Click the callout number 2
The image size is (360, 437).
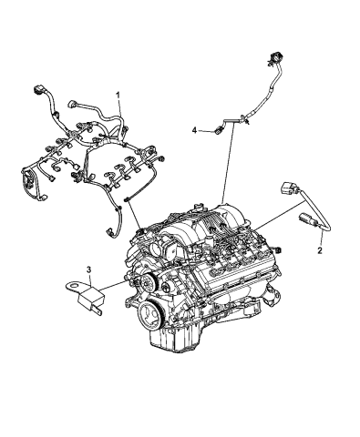[x=321, y=247]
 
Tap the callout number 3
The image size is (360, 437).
[x=88, y=269]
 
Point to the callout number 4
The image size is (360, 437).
[x=194, y=131]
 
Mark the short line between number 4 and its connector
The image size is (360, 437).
[x=205, y=131]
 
